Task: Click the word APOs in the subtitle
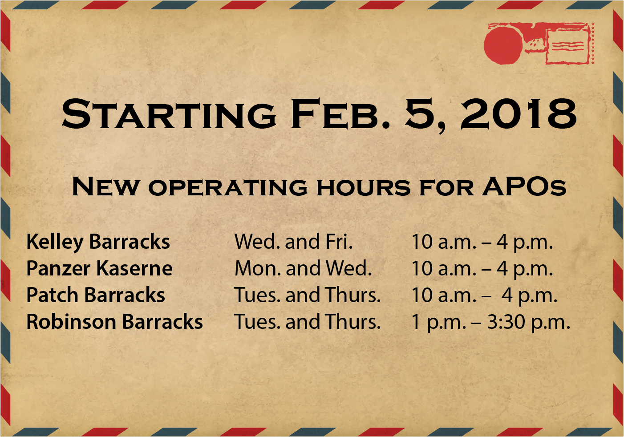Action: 524,186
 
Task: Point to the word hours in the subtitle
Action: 364,187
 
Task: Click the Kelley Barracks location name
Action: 98,242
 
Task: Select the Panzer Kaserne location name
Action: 99,268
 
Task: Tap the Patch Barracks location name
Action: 96,295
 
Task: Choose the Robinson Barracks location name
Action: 115,321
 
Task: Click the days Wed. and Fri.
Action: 294,241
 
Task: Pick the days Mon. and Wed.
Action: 303,268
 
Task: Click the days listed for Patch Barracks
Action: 307,295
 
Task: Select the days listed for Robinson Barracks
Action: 307,321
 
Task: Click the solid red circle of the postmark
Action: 503,45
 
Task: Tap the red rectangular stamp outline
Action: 568,47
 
